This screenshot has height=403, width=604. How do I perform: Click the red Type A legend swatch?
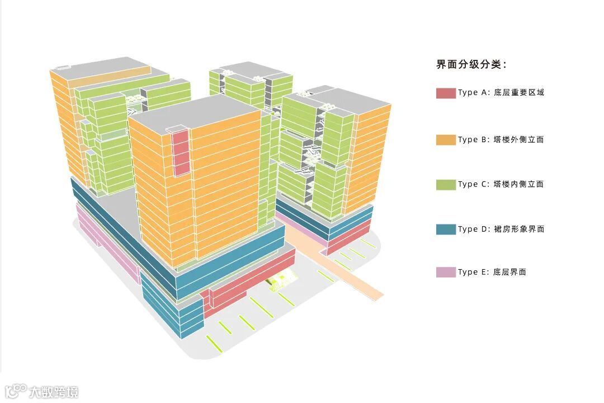pos(446,93)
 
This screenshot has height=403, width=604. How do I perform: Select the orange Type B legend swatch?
pos(446,139)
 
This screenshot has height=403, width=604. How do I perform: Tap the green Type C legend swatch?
pos(446,184)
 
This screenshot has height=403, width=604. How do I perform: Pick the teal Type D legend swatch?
pos(446,229)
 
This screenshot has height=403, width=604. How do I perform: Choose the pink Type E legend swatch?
pos(446,272)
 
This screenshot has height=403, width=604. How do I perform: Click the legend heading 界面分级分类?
pos(471,64)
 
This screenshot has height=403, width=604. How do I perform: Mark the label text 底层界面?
pos(509,272)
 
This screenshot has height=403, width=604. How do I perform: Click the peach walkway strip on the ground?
pos(347,269)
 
